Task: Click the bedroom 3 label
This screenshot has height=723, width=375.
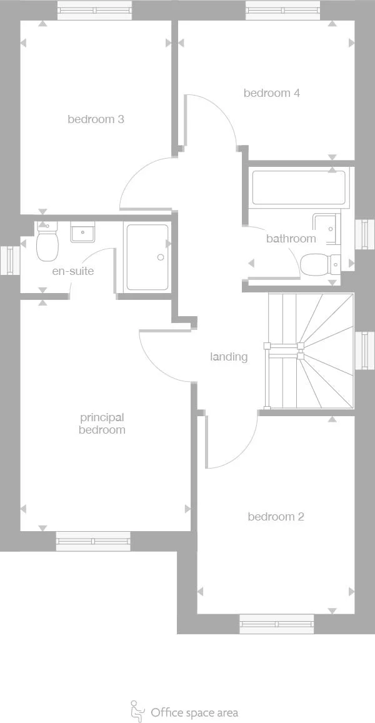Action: tap(96, 119)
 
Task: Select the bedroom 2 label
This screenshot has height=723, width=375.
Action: tap(276, 517)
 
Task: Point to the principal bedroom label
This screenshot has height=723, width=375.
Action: tap(102, 424)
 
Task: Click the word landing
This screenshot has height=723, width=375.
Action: tap(229, 357)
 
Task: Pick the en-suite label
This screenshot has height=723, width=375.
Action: tap(72, 271)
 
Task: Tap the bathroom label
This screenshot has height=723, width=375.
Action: tap(291, 238)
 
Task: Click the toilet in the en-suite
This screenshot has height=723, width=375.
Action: tap(47, 243)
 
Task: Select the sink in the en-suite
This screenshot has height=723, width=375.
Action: tap(82, 232)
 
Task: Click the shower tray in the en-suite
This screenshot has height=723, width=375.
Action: tap(147, 257)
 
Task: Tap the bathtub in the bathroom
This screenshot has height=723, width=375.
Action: tap(298, 187)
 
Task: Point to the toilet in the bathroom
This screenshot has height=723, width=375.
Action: tap(317, 264)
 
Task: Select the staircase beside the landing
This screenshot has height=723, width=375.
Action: tap(310, 351)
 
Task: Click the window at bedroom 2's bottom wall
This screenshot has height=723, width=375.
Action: tap(276, 624)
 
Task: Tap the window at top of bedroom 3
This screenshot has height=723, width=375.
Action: tap(95, 10)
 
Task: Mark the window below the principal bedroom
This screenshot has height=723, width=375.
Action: tap(93, 541)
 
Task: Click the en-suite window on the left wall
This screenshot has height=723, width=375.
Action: tap(9, 261)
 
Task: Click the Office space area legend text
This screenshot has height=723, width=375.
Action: tap(194, 712)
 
